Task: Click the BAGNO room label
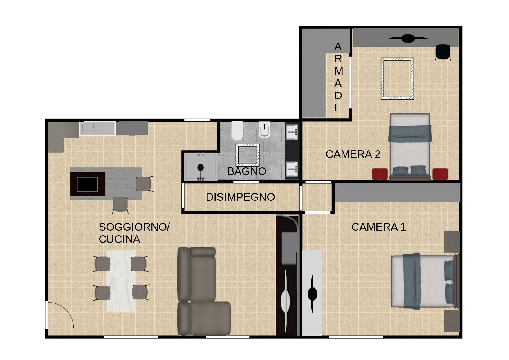pyautogui.click(x=247, y=171)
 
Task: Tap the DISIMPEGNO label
pyautogui.click(x=240, y=197)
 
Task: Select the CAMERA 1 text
pyautogui.click(x=378, y=227)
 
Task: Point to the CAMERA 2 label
pyautogui.click(x=353, y=154)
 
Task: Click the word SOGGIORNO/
pyautogui.click(x=134, y=227)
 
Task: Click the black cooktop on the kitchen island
pyautogui.click(x=87, y=184)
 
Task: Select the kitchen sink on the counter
pyautogui.click(x=98, y=129)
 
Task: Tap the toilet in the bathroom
pyautogui.click(x=237, y=131)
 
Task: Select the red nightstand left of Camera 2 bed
pyautogui.click(x=380, y=174)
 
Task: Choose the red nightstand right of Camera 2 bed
pyautogui.click(x=440, y=174)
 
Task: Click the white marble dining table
pyautogui.click(x=121, y=281)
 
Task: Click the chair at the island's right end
pyautogui.click(x=144, y=184)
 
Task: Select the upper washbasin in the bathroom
pyautogui.click(x=292, y=132)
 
